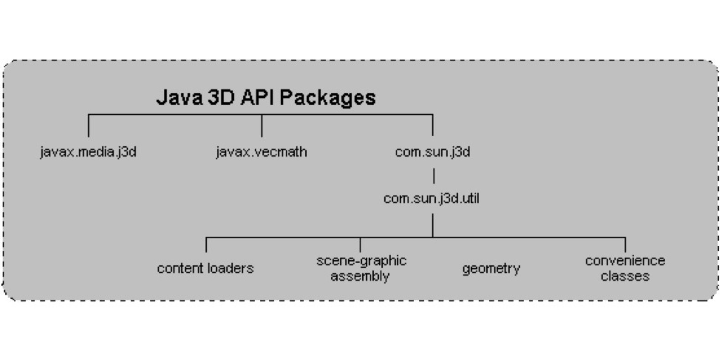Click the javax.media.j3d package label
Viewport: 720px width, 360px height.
88,152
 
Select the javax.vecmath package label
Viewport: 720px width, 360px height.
261,152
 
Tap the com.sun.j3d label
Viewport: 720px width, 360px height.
432,152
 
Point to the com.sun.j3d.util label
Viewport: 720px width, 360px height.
431,198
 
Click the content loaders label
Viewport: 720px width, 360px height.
205,268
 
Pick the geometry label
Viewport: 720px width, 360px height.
491,268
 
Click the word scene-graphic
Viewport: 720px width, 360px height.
361,261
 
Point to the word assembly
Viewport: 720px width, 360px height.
360,276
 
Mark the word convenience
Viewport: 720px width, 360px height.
625,261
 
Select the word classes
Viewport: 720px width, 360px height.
625,276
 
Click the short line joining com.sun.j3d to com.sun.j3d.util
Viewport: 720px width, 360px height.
433,175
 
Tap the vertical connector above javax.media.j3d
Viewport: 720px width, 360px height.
88,126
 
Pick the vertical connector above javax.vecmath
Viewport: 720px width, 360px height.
262,126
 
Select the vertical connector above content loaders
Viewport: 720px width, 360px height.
206,245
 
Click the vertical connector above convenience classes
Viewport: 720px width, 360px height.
625,245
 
